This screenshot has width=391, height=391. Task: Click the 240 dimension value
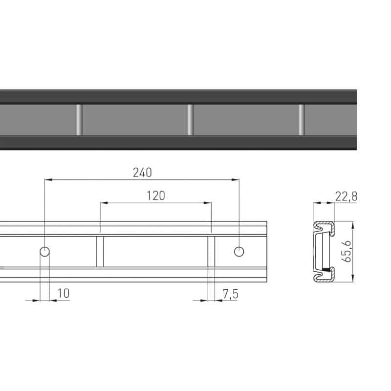[142, 173]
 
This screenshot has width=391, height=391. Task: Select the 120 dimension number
[155, 196]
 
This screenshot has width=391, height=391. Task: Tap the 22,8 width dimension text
[346, 196]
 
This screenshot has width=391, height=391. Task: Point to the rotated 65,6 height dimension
[347, 251]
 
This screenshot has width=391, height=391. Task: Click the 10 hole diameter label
[64, 293]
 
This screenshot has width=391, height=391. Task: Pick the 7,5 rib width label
[230, 294]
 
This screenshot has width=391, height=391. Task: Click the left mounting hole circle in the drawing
[44, 252]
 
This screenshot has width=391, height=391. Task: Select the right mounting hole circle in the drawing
[239, 252]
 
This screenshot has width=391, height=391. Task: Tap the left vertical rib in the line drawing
[100, 251]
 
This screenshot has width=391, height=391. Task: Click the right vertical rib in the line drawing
[211, 251]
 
